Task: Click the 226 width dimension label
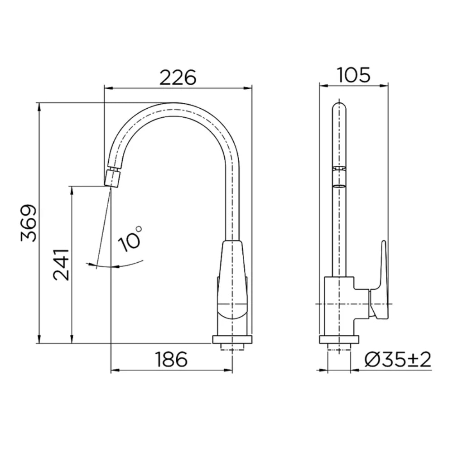[x=178, y=77]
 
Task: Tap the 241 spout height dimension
[x=61, y=264]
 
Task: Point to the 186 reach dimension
[x=171, y=360]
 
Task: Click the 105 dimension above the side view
[x=354, y=75]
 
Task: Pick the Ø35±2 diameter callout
[x=398, y=360]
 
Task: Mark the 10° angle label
[x=130, y=239]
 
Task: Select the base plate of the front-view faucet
[x=232, y=339]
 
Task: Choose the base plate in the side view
[x=339, y=339]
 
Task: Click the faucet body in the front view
[x=232, y=285]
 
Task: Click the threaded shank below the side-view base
[x=339, y=347]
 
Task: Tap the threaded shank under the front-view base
[x=232, y=347]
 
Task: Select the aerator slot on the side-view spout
[x=339, y=185]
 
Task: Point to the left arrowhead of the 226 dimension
[x=107, y=87]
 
